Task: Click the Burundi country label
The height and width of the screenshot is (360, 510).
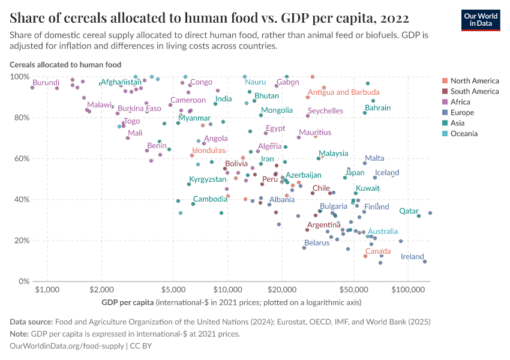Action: click(x=46, y=82)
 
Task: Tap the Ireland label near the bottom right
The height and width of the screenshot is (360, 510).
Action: click(x=412, y=256)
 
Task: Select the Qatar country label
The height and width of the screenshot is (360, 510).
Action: click(x=409, y=211)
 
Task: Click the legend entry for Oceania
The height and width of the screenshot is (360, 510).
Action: click(x=464, y=134)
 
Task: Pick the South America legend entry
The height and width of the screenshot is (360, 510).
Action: click(x=474, y=91)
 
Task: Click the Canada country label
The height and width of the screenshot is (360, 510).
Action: click(x=378, y=251)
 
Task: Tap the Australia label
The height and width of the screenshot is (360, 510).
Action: click(x=382, y=232)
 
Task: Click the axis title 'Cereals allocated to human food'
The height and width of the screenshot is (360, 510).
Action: click(x=65, y=64)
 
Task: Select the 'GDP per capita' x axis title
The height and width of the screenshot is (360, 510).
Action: click(x=128, y=301)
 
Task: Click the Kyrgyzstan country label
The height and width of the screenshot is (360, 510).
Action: click(x=208, y=179)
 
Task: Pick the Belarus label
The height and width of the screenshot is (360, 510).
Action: click(x=317, y=243)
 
